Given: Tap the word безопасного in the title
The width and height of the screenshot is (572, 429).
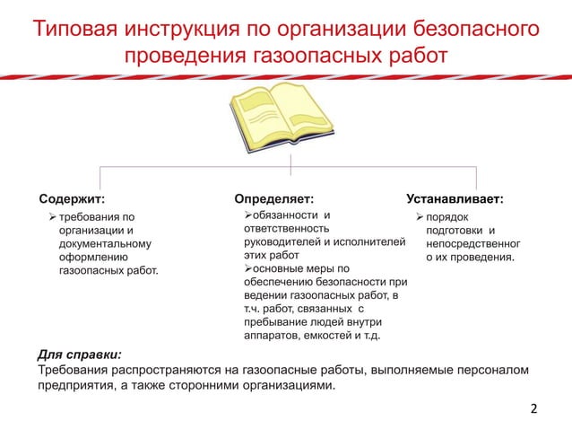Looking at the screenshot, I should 474,28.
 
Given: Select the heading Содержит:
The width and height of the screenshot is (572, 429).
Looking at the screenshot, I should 72,197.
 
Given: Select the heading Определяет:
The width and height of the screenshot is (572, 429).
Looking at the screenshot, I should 273,197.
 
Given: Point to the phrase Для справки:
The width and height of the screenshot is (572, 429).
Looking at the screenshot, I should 80,354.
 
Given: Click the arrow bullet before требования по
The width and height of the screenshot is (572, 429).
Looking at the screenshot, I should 52,216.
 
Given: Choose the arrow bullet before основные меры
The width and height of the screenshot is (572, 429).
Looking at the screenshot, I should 249,268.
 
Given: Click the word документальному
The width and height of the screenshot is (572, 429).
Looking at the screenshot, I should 105,243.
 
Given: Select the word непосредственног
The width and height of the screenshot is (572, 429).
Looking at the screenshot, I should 472,243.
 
